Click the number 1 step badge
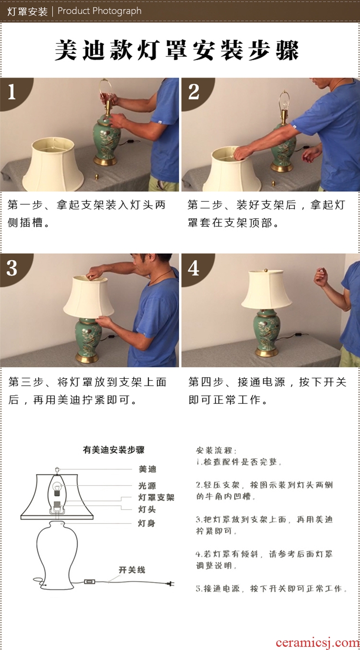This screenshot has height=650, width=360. tap(13, 92)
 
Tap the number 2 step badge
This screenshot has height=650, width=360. tap(195, 92)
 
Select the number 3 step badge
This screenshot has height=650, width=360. tap(13, 268)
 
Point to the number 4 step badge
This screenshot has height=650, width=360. tap(195, 268)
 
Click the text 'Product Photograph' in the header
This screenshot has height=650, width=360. tap(99, 11)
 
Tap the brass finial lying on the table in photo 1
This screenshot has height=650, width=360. tap(97, 176)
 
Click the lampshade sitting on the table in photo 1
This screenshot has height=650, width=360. tap(53, 164)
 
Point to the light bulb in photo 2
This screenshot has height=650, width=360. tap(285, 105)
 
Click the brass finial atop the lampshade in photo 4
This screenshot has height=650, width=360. tap(266, 270)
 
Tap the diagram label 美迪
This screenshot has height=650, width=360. tap(147, 469)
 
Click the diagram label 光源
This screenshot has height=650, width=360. tap(147, 485)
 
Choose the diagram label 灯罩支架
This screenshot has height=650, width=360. tap(156, 497)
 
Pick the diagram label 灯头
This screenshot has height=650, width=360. tap(147, 509)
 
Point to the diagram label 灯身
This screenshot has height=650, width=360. tap(146, 523)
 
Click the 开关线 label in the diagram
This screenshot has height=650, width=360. tap(132, 570)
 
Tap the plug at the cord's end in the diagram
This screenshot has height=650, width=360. tap(171, 583)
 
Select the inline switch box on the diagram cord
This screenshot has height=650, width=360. tap(89, 582)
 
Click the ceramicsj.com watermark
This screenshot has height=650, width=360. tap(318, 643)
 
